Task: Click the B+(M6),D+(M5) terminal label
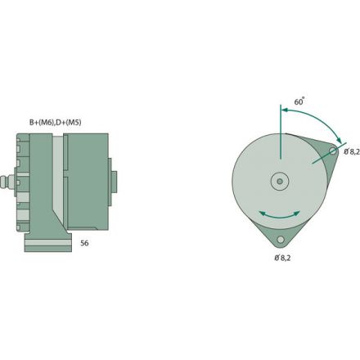tap(55, 122)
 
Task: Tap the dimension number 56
tap(84, 243)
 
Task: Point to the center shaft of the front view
tap(280, 181)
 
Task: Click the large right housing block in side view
tap(88, 182)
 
